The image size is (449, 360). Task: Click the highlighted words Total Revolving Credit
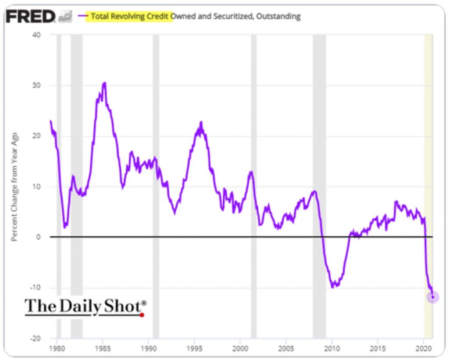tap(130, 16)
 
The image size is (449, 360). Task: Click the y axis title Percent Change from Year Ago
tap(14, 186)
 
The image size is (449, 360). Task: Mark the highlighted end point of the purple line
tap(433, 297)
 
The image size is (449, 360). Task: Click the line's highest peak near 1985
tap(104, 83)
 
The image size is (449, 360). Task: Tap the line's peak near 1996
tap(201, 122)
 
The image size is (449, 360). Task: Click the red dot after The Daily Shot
tap(142, 314)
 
